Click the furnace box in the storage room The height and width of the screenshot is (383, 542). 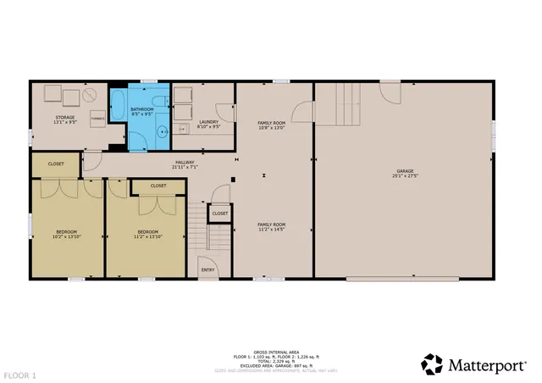[98, 119]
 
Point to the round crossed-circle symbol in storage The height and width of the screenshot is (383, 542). [88, 97]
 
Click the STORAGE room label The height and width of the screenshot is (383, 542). [65, 117]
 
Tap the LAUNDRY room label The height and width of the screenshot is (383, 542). [208, 121]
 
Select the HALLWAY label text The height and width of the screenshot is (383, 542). [185, 162]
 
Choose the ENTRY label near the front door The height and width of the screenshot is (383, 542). [207, 270]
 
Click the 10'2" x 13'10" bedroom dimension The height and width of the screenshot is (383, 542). [67, 236]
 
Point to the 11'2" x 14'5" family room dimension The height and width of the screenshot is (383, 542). [270, 229]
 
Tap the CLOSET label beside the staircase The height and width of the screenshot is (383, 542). [219, 214]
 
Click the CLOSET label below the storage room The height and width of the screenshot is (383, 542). [56, 164]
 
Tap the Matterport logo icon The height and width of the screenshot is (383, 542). [432, 364]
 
